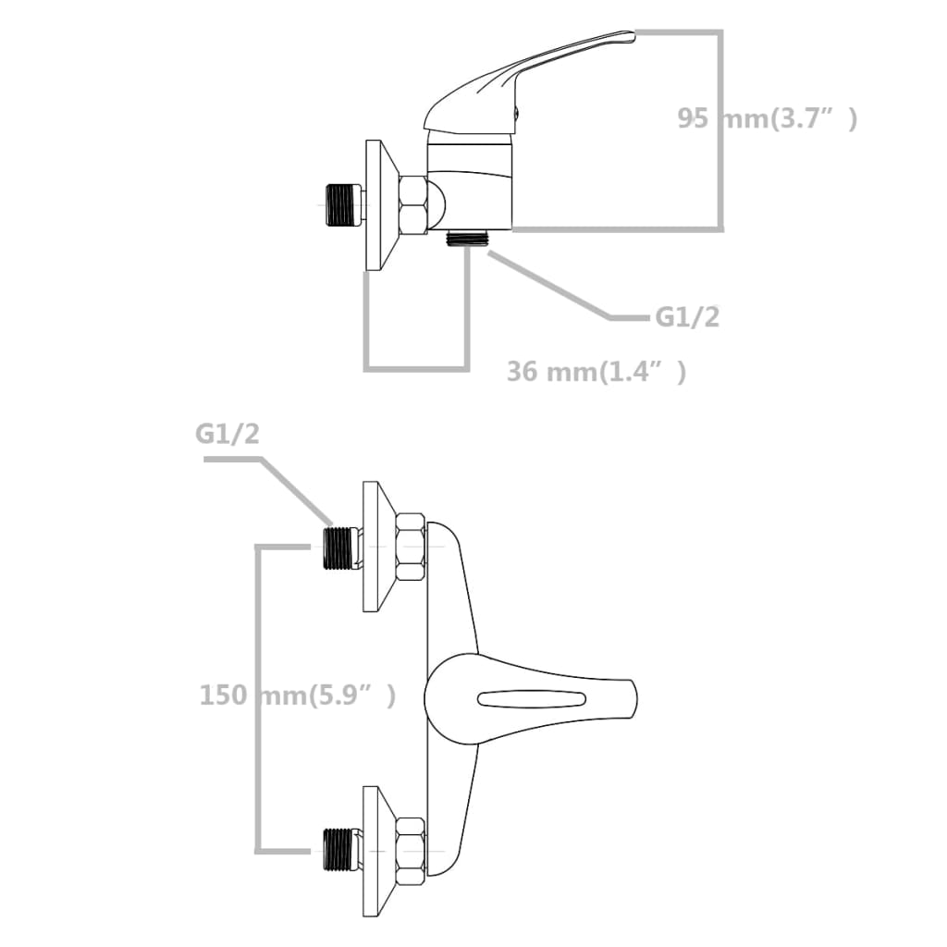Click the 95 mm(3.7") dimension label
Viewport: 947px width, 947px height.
coord(767,118)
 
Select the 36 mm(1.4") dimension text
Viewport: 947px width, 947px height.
coord(596,372)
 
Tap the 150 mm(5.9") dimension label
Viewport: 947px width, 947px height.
coord(298,695)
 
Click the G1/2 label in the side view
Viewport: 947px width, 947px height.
coord(687,317)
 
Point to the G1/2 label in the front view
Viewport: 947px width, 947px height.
coord(228,435)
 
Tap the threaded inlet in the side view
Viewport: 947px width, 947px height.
coord(342,205)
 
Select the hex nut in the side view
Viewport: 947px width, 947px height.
coord(412,205)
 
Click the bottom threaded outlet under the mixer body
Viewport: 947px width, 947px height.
coord(466,237)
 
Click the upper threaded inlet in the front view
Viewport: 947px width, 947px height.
coord(341,547)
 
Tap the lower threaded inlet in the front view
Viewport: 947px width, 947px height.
coord(341,850)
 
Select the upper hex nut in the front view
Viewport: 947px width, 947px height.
coord(410,547)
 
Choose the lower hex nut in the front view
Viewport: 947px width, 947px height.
coord(410,850)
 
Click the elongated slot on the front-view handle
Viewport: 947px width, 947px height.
coord(532,698)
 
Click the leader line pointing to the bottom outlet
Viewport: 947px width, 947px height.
coord(555,289)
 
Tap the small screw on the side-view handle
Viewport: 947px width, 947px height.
coord(515,115)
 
